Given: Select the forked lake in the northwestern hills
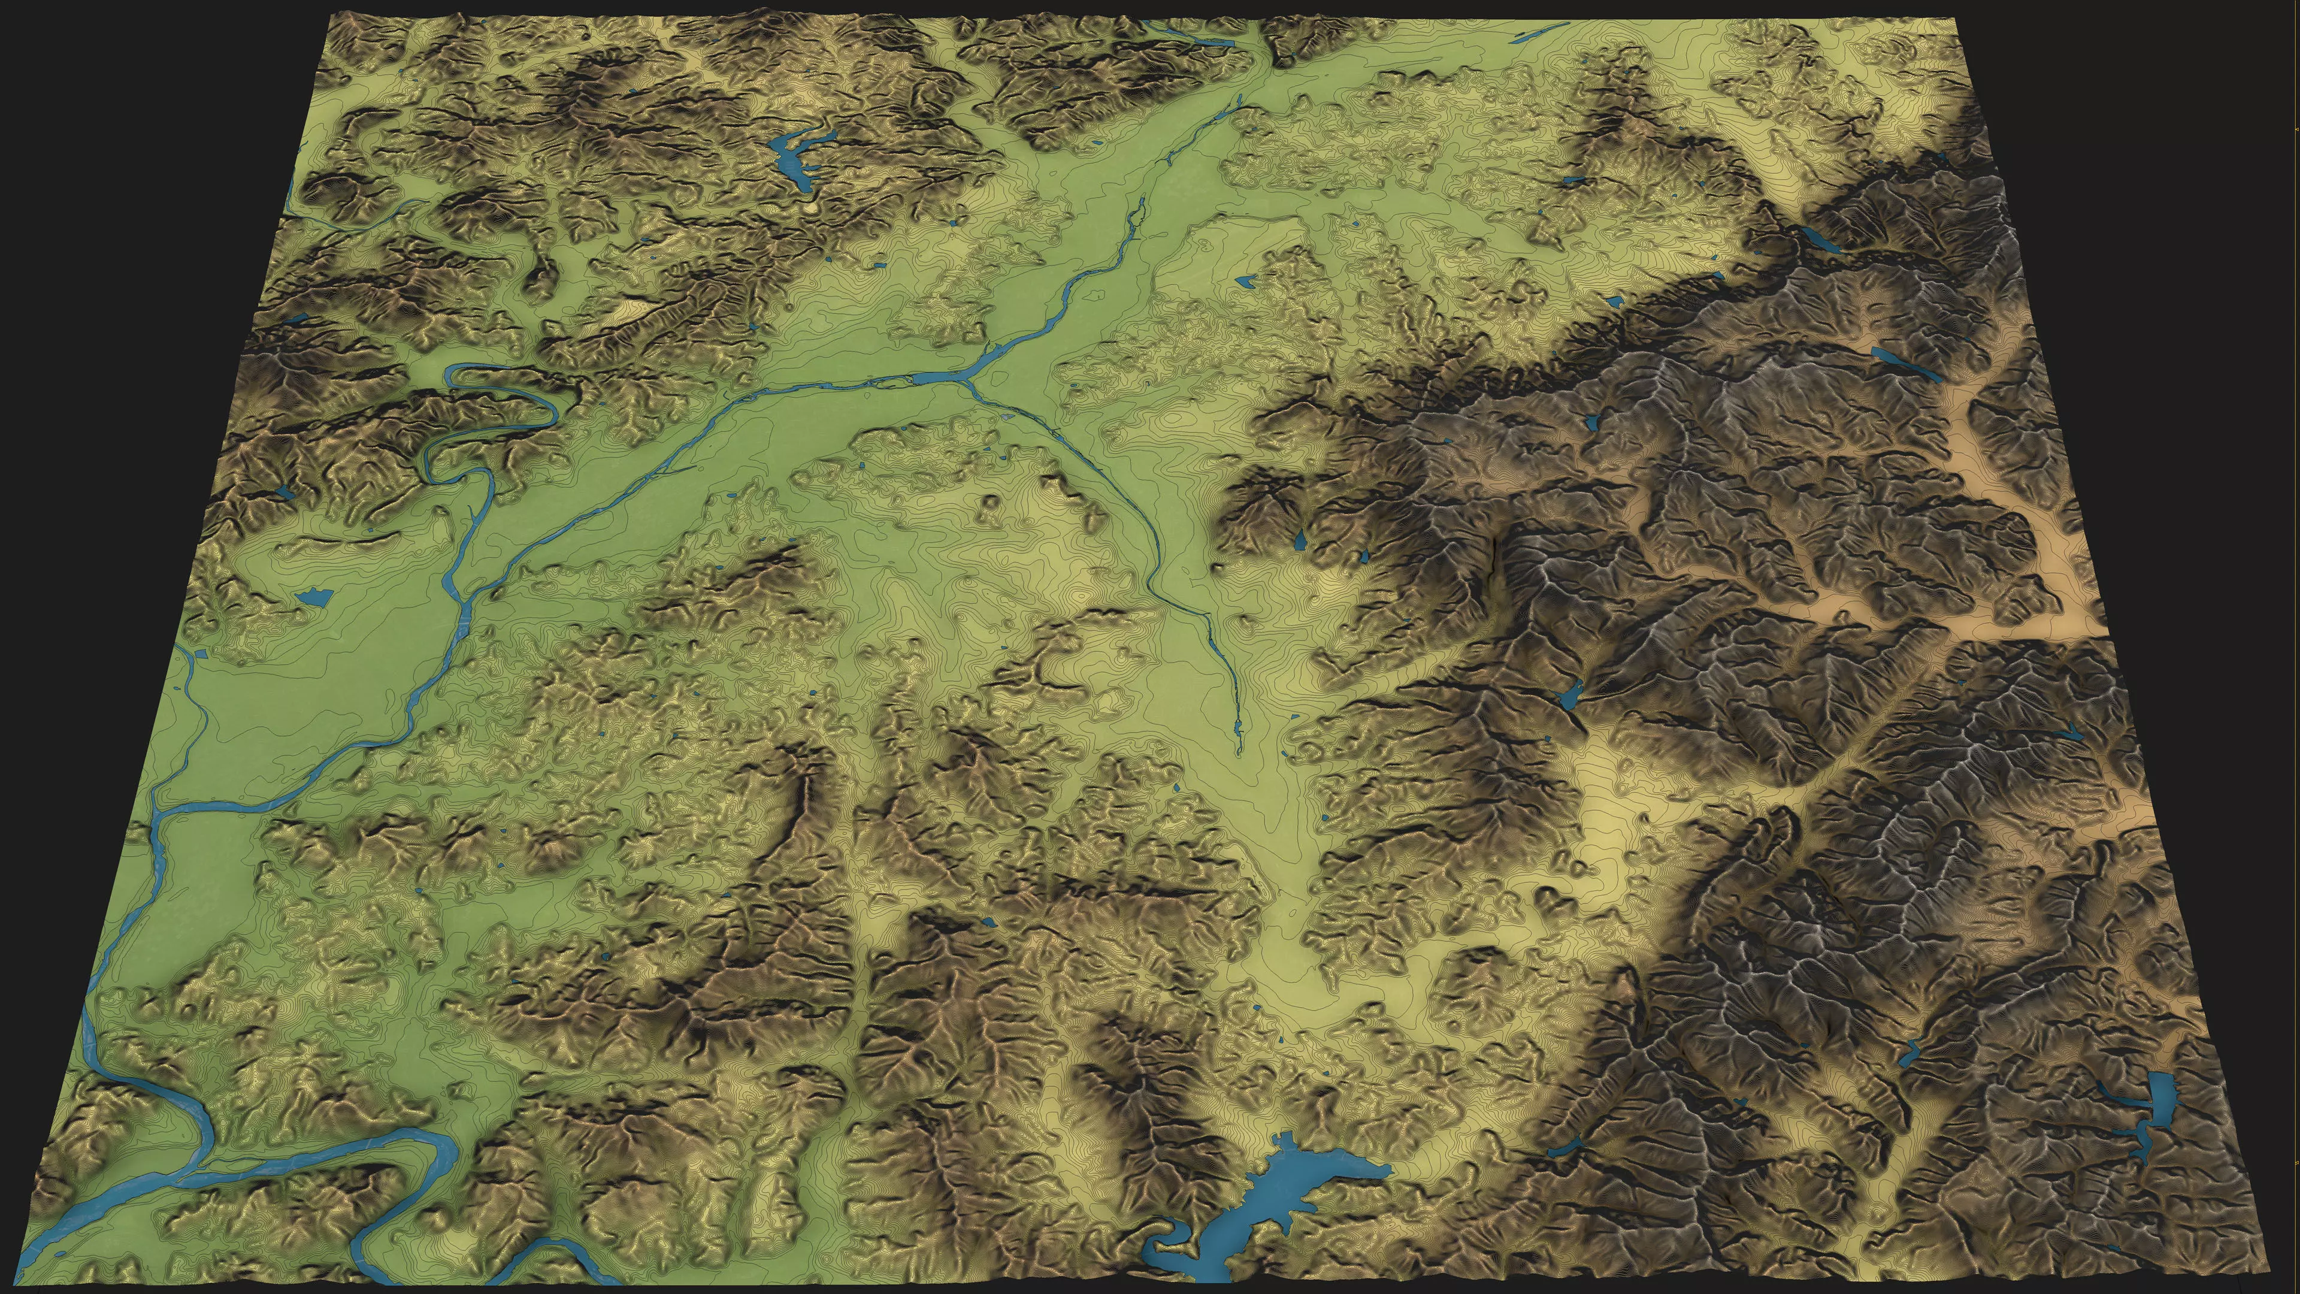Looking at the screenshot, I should click(x=172, y=159).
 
